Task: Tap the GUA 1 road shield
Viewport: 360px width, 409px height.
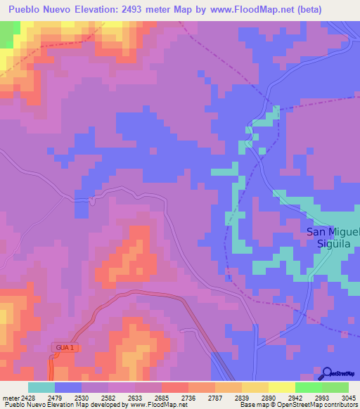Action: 62,347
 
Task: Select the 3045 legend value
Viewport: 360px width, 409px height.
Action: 340,398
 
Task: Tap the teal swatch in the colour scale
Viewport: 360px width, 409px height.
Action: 41,387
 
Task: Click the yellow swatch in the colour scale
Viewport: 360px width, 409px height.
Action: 281,387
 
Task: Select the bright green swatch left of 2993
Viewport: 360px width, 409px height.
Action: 308,387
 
